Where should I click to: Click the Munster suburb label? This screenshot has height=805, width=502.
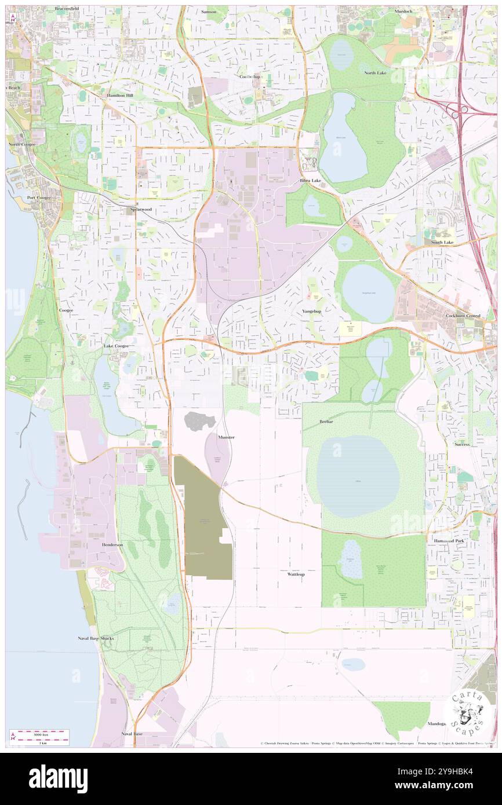coord(226,437)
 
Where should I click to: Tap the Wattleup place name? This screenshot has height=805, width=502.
coord(296,574)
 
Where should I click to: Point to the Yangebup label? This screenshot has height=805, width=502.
coord(311,311)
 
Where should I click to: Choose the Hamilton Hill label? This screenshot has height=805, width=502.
coord(120,94)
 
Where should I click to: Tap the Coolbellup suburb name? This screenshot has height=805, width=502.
coord(250,76)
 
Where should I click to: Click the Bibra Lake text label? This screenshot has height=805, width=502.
coord(310,181)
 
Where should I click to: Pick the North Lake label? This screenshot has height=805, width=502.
coord(375,73)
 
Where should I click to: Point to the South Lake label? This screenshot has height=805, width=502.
coord(442,242)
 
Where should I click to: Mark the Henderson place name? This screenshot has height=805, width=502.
coord(112,545)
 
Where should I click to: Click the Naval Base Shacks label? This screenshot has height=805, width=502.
coord(96,638)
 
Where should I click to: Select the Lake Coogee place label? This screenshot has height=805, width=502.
coord(116,346)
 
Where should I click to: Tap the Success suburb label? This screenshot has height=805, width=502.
coord(462,444)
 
